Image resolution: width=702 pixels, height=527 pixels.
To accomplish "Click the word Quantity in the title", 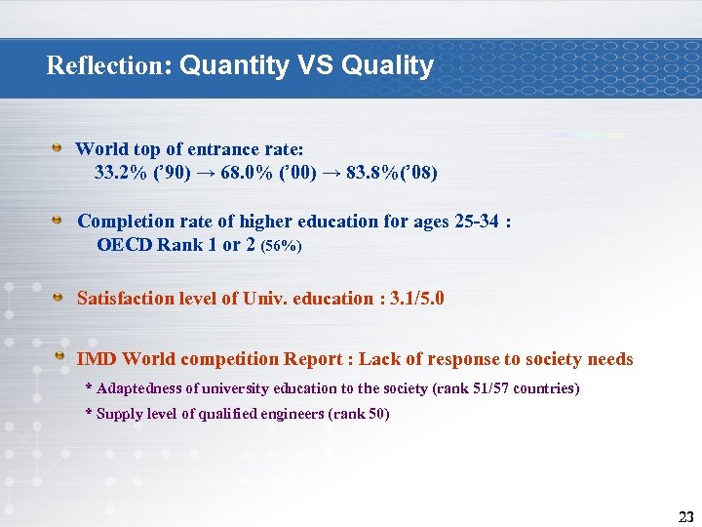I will click(234, 66).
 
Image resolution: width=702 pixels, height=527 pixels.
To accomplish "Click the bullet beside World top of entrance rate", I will click(58, 148).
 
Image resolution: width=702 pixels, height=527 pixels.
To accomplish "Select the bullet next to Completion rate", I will click(58, 221).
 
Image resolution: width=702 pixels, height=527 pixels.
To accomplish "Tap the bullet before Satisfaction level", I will click(58, 297).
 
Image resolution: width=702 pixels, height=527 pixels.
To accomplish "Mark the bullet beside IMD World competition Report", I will click(59, 358).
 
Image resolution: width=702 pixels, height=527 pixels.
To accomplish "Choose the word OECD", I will click(125, 245).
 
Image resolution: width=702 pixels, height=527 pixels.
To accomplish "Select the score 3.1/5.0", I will click(416, 298).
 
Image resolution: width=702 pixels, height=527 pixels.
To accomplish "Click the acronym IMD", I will click(97, 359).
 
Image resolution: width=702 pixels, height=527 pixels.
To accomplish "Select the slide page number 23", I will click(684, 517).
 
